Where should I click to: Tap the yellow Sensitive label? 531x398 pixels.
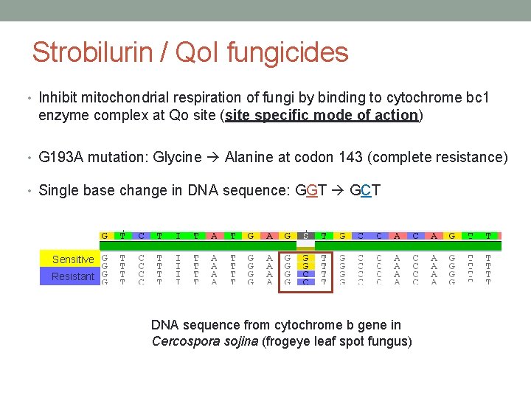pyautogui.click(x=73, y=259)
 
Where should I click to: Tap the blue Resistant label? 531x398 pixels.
pyautogui.click(x=73, y=276)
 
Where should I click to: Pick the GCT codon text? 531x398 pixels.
pyautogui.click(x=366, y=190)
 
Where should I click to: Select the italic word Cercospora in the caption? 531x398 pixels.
pyautogui.click(x=184, y=341)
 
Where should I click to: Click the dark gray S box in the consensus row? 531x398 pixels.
pyautogui.click(x=306, y=236)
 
